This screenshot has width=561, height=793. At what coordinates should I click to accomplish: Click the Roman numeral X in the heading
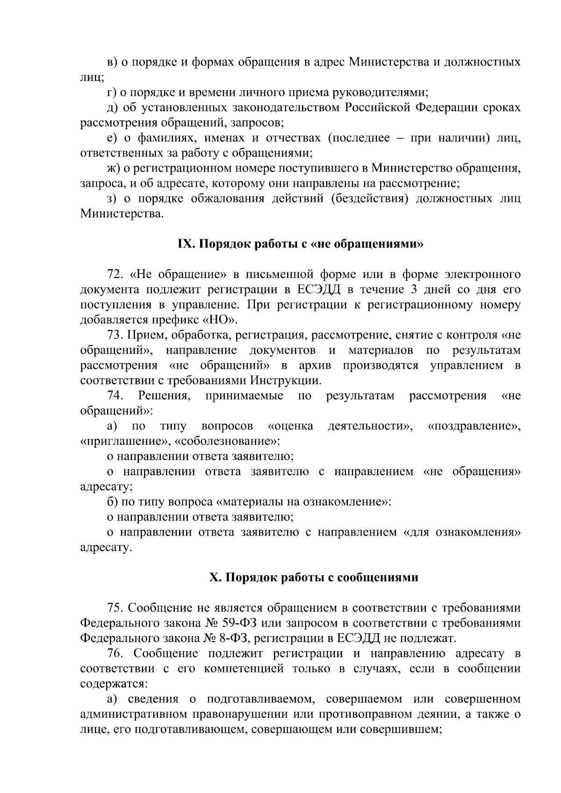214,578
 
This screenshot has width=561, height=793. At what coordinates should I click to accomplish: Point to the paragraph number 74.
115,396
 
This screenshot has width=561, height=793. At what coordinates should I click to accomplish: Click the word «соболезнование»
228,441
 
